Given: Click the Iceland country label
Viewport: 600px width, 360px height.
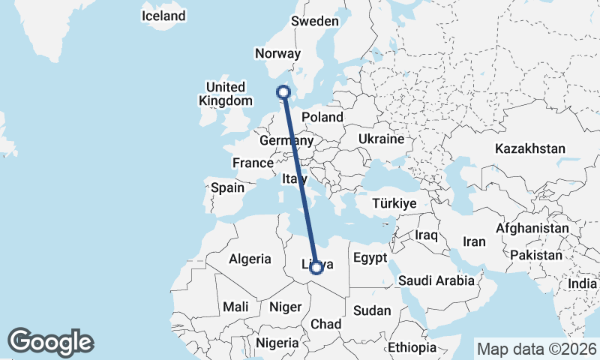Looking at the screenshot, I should coord(163,16).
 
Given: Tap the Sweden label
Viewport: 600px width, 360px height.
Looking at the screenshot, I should coord(315,21).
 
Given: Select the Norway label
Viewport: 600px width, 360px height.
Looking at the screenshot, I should coord(277,53).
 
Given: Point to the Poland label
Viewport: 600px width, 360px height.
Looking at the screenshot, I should coord(322,117).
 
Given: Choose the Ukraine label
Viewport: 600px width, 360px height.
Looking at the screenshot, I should coord(381,139).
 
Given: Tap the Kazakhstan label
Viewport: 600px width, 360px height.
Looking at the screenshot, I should coord(529,149).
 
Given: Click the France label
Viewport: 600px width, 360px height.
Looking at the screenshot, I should coord(253,163).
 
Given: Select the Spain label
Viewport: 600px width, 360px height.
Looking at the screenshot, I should coord(227,187).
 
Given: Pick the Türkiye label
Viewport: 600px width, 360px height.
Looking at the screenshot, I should coord(394,203).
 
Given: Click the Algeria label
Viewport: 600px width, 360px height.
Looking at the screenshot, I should coord(250,259).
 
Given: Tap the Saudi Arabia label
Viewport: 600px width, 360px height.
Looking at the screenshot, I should coord(436,280).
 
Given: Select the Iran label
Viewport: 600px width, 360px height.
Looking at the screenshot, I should coord(474,241).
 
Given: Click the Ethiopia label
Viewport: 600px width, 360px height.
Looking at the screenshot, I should coord(412,347).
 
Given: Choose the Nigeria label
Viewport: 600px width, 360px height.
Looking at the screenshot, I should coord(278,343).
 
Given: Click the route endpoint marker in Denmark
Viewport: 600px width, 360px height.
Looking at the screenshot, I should coord(283,92).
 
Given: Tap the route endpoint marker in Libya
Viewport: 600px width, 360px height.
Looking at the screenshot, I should coord(316,266).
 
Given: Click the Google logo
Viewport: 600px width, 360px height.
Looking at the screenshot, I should coord(50,342).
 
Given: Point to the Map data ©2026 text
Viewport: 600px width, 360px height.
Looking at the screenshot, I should coord(536,349).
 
